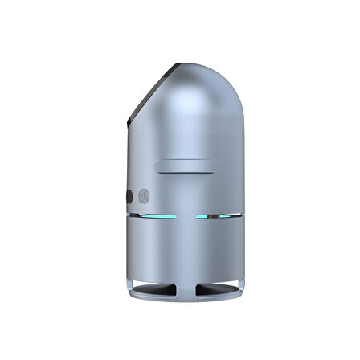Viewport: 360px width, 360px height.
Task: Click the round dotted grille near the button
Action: tap(145, 195)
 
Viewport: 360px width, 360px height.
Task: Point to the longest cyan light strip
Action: tap(158, 216)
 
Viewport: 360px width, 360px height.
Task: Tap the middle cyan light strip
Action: tap(202, 216)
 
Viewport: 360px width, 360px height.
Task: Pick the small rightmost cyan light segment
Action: tap(226, 216)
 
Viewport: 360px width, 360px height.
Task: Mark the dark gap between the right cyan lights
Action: tap(215, 216)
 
